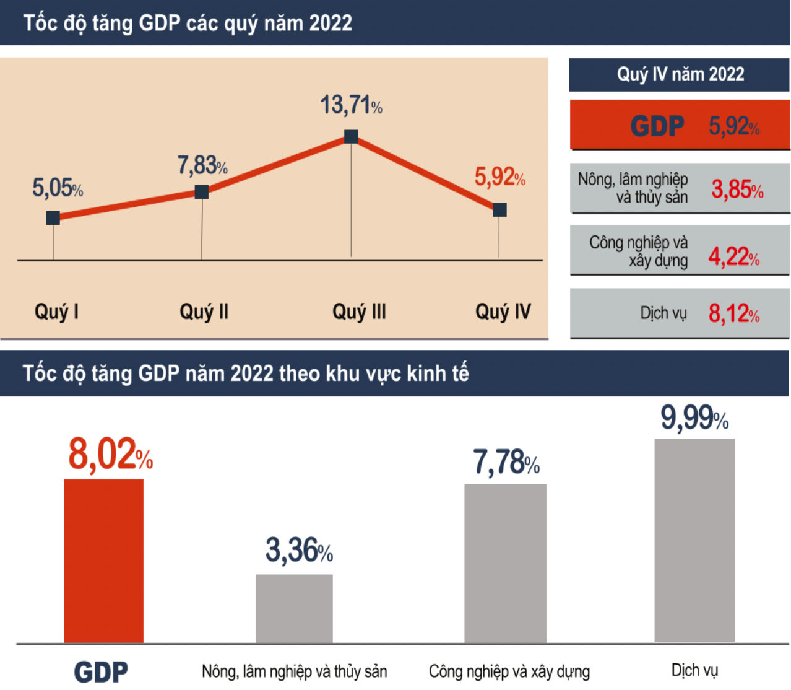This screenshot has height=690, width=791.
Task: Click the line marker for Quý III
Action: (351, 136)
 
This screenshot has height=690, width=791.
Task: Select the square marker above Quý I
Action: (53, 217)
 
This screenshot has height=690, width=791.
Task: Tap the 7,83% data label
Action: (202, 165)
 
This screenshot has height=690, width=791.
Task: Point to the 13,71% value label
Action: (351, 105)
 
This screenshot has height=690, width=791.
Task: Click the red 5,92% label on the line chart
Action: (499, 177)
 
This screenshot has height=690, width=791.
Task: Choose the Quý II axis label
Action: (204, 311)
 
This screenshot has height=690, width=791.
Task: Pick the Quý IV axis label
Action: (503, 311)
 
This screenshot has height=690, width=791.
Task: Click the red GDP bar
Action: (103, 561)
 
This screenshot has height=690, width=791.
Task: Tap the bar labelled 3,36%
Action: (294, 608)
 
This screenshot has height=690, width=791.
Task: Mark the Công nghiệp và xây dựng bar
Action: (505, 563)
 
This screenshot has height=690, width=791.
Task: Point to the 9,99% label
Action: (694, 417)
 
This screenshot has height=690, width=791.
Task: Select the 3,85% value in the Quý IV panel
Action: (737, 190)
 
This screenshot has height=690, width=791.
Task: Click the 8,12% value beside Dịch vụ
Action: (733, 314)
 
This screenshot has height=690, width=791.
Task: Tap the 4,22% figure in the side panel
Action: (733, 256)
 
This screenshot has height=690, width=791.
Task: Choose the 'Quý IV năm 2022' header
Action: (680, 74)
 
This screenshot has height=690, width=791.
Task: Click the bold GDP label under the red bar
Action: (101, 672)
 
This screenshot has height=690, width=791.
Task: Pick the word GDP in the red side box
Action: (657, 126)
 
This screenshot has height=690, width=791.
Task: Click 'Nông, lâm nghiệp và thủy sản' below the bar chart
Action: (294, 671)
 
